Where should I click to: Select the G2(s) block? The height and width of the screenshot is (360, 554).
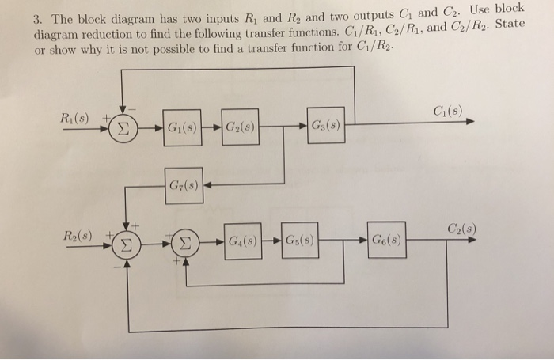pos(240,127)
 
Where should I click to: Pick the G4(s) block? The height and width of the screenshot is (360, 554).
pos(241,240)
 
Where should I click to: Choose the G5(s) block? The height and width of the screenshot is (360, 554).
pos(299,240)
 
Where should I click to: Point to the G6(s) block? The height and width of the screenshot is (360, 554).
pos(386,240)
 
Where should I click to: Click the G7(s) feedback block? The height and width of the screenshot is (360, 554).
pos(184,188)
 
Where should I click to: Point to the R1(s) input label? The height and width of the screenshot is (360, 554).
pos(77,119)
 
